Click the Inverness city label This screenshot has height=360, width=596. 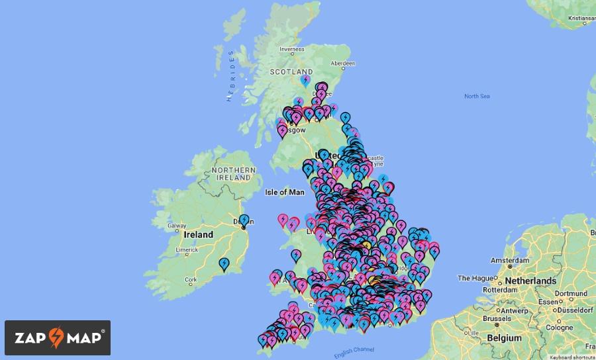pyautogui.click(x=292, y=49)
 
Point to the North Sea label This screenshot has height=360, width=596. pyautogui.click(x=477, y=97)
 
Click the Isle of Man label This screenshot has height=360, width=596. pyautogui.click(x=284, y=193)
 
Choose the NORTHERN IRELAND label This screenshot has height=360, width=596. pyautogui.click(x=233, y=174)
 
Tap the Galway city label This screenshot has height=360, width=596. pyautogui.click(x=177, y=226)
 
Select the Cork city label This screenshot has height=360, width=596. pyautogui.click(x=191, y=280)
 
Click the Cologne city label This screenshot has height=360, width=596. pyautogui.click(x=560, y=328)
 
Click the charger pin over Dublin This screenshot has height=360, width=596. pyautogui.click(x=244, y=221)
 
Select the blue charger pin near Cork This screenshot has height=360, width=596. pyautogui.click(x=224, y=264)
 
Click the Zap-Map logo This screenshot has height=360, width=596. pyautogui.click(x=58, y=337)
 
